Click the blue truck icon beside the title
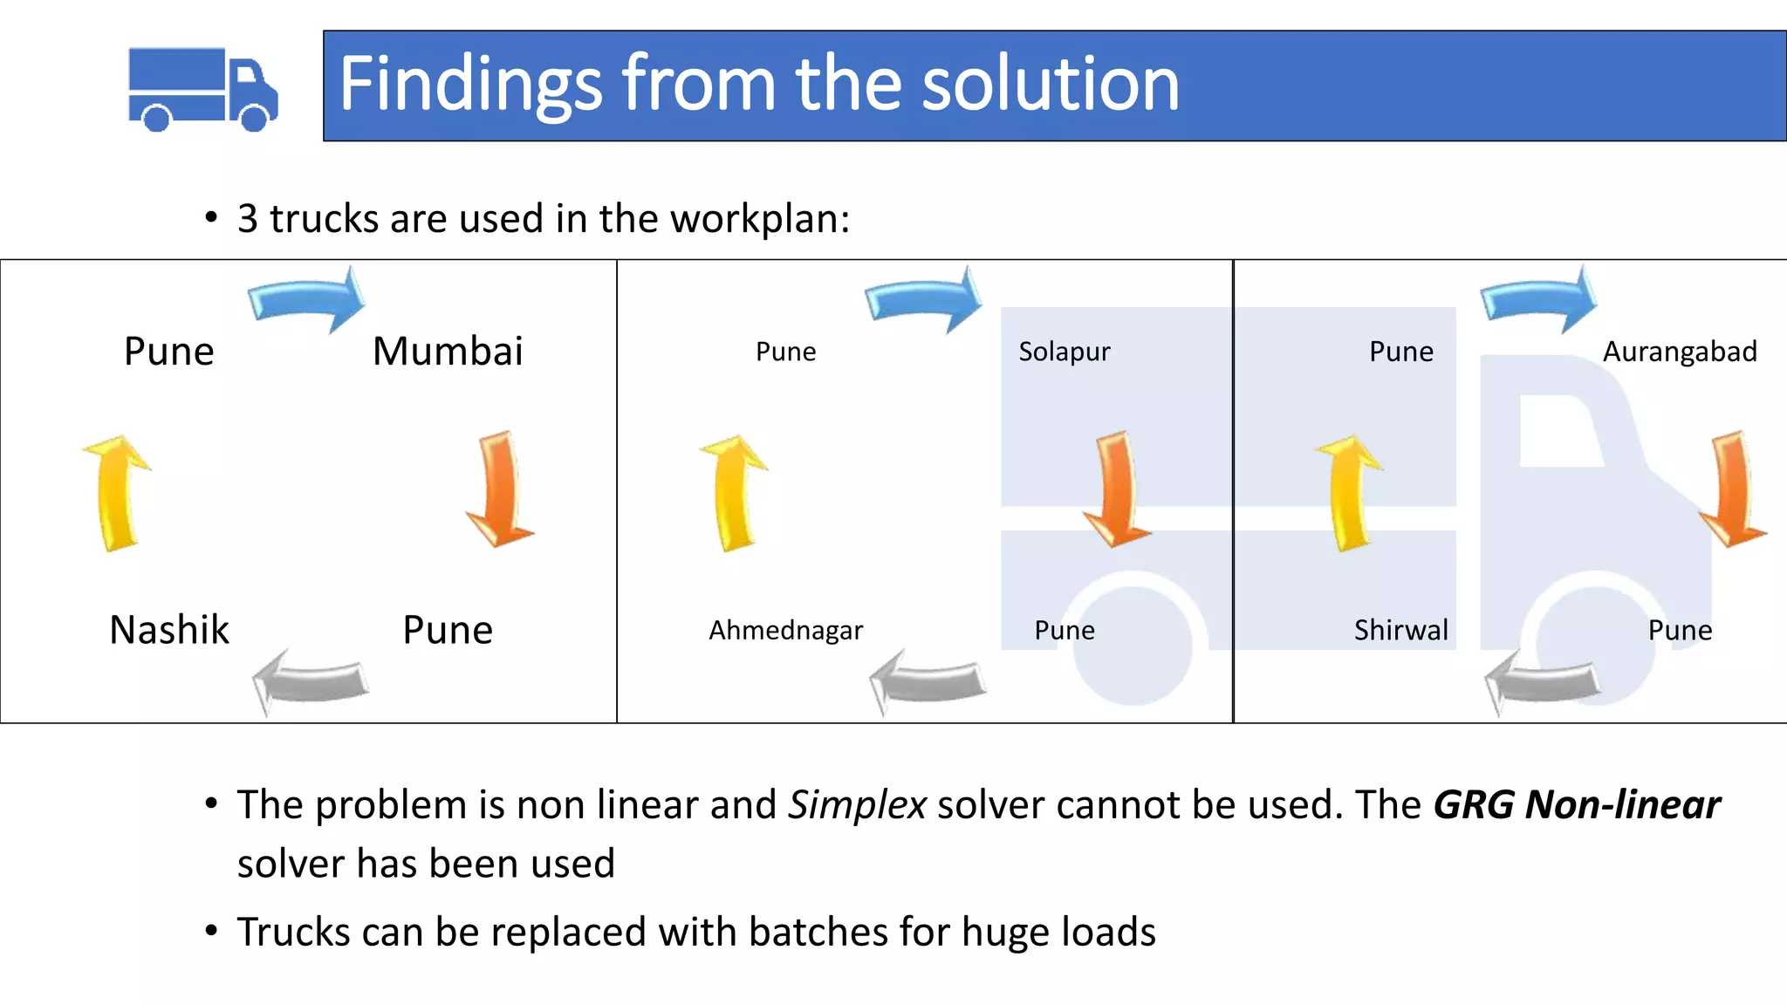(202, 89)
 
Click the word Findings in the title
(469, 84)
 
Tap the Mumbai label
(448, 352)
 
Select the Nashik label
(169, 630)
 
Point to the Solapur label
(1064, 352)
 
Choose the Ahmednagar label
(785, 630)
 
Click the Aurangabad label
(1680, 352)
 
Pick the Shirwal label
(1400, 630)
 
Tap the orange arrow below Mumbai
(499, 489)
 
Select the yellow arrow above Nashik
(117, 493)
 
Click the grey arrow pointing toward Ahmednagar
(928, 680)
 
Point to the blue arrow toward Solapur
(924, 299)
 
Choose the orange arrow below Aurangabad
(1732, 489)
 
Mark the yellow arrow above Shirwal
(1349, 493)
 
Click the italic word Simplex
(857, 804)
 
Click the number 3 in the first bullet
(248, 218)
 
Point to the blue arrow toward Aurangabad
(1540, 299)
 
